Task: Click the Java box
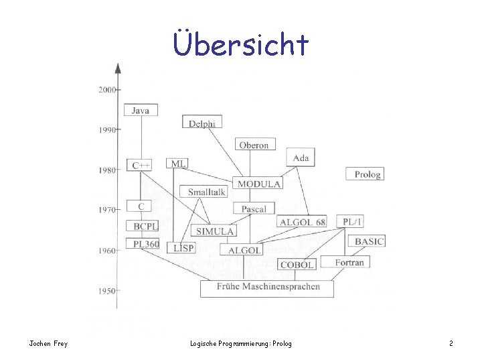pyautogui.click(x=141, y=110)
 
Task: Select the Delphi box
pyautogui.click(x=202, y=123)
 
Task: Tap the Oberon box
pyautogui.click(x=254, y=145)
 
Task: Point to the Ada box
pyautogui.click(x=301, y=158)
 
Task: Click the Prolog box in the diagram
pyautogui.click(x=367, y=174)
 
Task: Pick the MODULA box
pyautogui.click(x=258, y=183)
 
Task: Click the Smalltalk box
pyautogui.click(x=206, y=192)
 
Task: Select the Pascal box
pyautogui.click(x=254, y=209)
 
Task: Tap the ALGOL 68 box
pyautogui.click(x=302, y=222)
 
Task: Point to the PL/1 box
pyautogui.click(x=353, y=221)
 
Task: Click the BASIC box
pyautogui.click(x=369, y=241)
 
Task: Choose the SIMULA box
pyautogui.click(x=215, y=231)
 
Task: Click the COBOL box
pyautogui.click(x=297, y=265)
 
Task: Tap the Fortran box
pyautogui.click(x=349, y=262)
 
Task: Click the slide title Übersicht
pyautogui.click(x=241, y=44)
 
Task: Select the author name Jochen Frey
pyautogui.click(x=48, y=344)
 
